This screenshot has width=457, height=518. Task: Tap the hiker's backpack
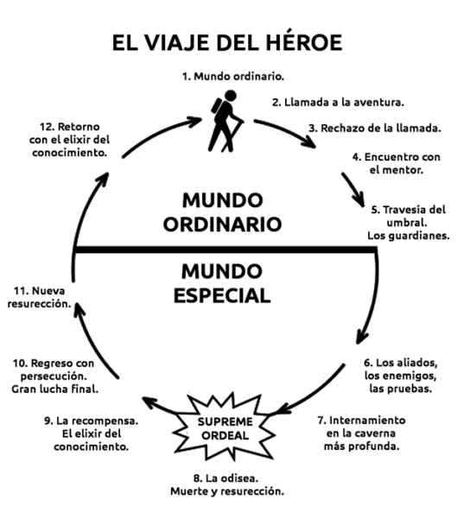pyautogui.click(x=217, y=105)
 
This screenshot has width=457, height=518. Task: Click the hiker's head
pyautogui.click(x=230, y=96)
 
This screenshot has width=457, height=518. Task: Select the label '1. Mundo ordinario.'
pyautogui.click(x=233, y=76)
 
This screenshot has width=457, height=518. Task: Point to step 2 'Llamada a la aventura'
pyautogui.click(x=338, y=102)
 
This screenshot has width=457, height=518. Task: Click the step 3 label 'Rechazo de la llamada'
pyautogui.click(x=375, y=128)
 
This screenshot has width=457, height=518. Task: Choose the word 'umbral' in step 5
pyautogui.click(x=406, y=223)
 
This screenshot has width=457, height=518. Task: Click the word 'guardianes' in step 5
pyautogui.click(x=422, y=236)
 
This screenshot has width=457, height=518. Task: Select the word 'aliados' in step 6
pyautogui.click(x=417, y=363)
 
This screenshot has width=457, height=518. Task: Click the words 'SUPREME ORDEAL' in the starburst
pyautogui.click(x=225, y=428)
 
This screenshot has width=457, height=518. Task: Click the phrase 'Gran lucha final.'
pyautogui.click(x=55, y=388)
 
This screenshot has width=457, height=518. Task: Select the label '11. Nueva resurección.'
pyautogui.click(x=40, y=297)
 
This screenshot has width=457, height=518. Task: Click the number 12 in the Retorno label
pyautogui.click(x=47, y=127)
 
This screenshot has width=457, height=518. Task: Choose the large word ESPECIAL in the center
pyautogui.click(x=222, y=295)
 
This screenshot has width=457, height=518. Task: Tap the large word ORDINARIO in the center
pyautogui.click(x=222, y=224)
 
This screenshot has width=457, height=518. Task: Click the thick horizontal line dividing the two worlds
pyautogui.click(x=225, y=250)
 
